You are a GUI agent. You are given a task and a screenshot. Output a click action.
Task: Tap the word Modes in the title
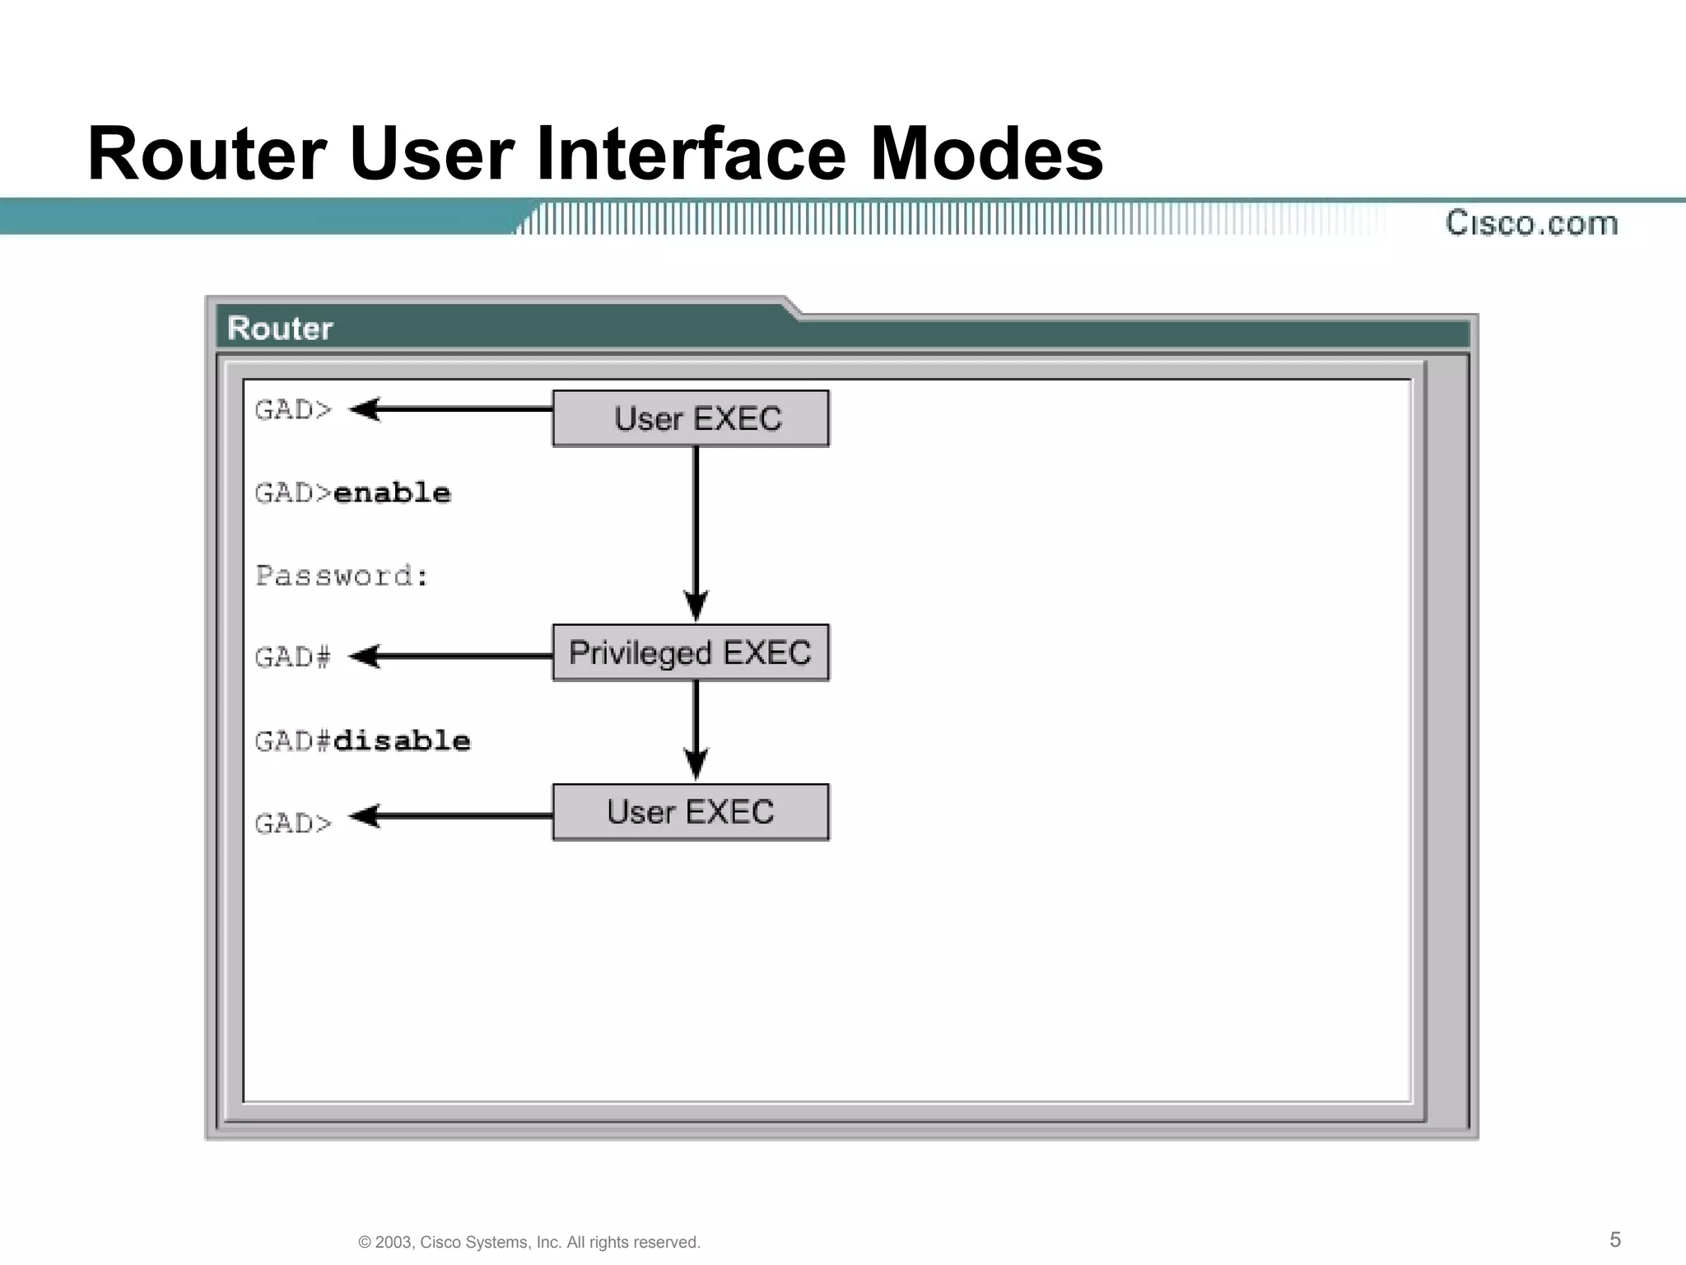coord(986,154)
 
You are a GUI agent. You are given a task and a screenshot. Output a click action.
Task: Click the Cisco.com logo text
coord(1531,223)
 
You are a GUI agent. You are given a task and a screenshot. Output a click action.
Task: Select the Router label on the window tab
coord(280,329)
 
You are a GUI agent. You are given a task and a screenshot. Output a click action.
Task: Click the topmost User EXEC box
coord(691,418)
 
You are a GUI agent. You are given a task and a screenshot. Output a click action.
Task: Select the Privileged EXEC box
coord(691,652)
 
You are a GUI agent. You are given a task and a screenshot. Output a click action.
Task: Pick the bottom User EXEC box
coord(691,812)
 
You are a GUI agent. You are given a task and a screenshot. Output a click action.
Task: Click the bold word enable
coord(392,492)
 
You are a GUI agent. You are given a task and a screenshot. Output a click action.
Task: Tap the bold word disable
coord(402,740)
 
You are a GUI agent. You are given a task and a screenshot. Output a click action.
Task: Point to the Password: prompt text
coord(342,576)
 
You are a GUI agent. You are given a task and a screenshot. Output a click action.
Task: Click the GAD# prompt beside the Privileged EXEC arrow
coord(293,657)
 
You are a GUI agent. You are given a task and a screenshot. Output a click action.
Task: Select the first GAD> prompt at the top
coord(293,409)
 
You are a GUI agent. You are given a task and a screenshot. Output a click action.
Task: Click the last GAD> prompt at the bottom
coord(293,823)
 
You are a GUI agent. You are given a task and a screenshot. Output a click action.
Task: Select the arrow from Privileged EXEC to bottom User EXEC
coord(696,729)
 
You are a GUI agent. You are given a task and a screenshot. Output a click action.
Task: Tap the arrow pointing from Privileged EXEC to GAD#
coord(451,656)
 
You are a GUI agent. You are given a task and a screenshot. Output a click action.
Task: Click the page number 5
coord(1615,1239)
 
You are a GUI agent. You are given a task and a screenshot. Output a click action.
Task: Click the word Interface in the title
coord(691,154)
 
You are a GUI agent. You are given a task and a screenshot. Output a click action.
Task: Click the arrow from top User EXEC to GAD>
coord(451,408)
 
